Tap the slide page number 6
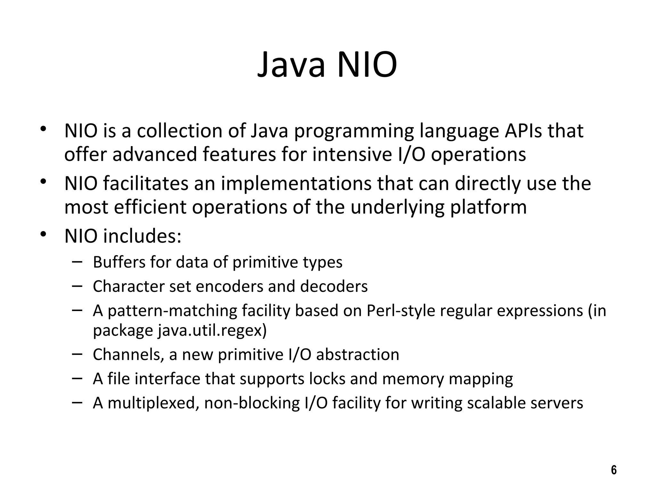(x=614, y=470)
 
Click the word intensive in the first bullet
(x=352, y=154)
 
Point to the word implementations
(x=296, y=184)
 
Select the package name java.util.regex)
(x=212, y=330)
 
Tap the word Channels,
(x=128, y=355)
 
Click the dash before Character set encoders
(x=77, y=285)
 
